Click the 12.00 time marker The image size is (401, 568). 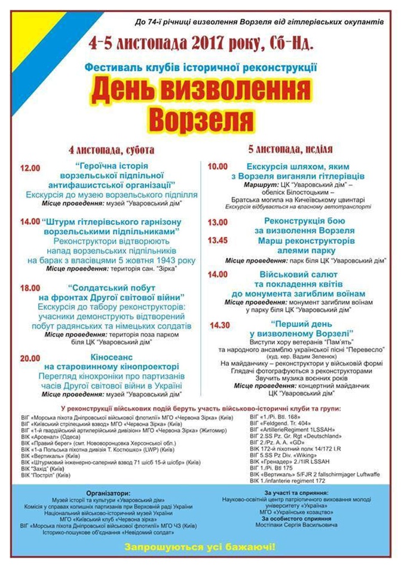tap(30, 169)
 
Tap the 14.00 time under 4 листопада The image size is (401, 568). tap(30, 222)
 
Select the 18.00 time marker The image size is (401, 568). tap(30, 288)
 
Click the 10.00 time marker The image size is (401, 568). tap(218, 167)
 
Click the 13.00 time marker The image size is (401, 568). tap(218, 222)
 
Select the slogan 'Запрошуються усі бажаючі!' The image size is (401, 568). tap(200, 546)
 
